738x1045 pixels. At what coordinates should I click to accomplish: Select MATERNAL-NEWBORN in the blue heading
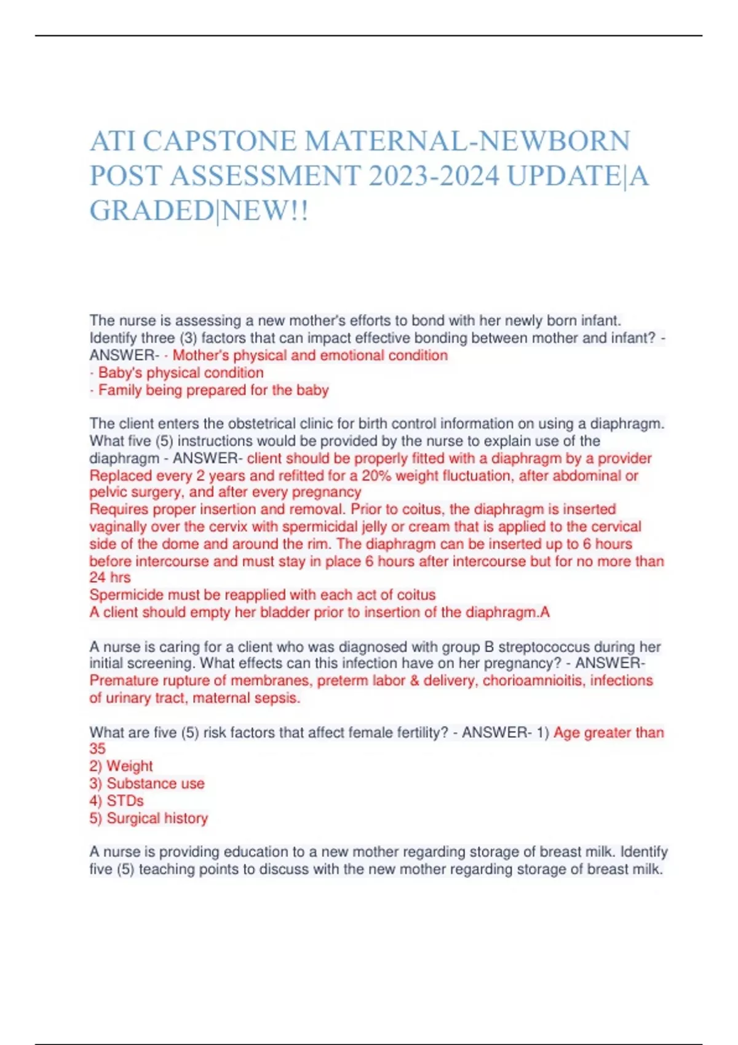coord(467,141)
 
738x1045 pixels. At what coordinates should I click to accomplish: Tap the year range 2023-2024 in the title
coord(434,176)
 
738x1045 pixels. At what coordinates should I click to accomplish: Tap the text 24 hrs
coord(110,577)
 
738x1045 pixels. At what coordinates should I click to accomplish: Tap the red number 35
coord(97,749)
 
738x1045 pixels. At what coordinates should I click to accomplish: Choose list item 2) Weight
coord(121,766)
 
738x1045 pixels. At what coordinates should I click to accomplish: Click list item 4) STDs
coord(117,800)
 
